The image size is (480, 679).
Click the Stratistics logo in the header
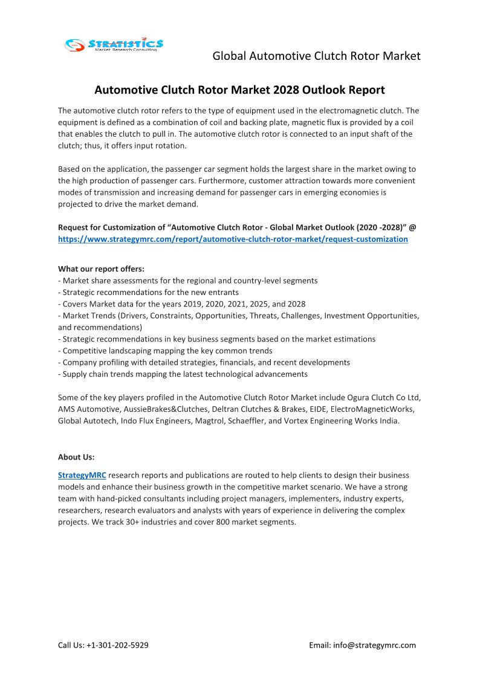click(114, 44)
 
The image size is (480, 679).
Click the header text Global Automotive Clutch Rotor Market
click(316, 56)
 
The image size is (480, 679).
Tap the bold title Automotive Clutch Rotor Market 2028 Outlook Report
click(239, 90)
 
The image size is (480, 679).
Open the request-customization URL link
click(233, 239)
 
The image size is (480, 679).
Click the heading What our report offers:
click(101, 269)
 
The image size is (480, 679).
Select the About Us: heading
click(76, 457)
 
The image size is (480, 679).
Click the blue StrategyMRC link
click(82, 475)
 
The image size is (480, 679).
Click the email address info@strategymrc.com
click(374, 645)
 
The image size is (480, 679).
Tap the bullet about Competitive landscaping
click(167, 351)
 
